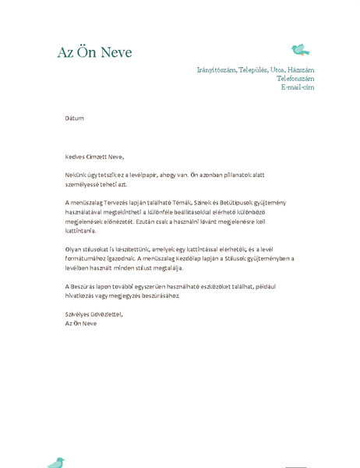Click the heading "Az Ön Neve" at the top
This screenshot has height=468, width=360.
[x=94, y=53]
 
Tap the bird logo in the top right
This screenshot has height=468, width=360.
[x=300, y=51]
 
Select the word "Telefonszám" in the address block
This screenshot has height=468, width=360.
[x=295, y=79]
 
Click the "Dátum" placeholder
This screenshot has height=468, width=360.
[x=74, y=119]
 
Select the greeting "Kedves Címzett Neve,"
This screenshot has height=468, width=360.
[x=94, y=157]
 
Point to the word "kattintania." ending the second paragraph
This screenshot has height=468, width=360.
[x=80, y=231]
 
